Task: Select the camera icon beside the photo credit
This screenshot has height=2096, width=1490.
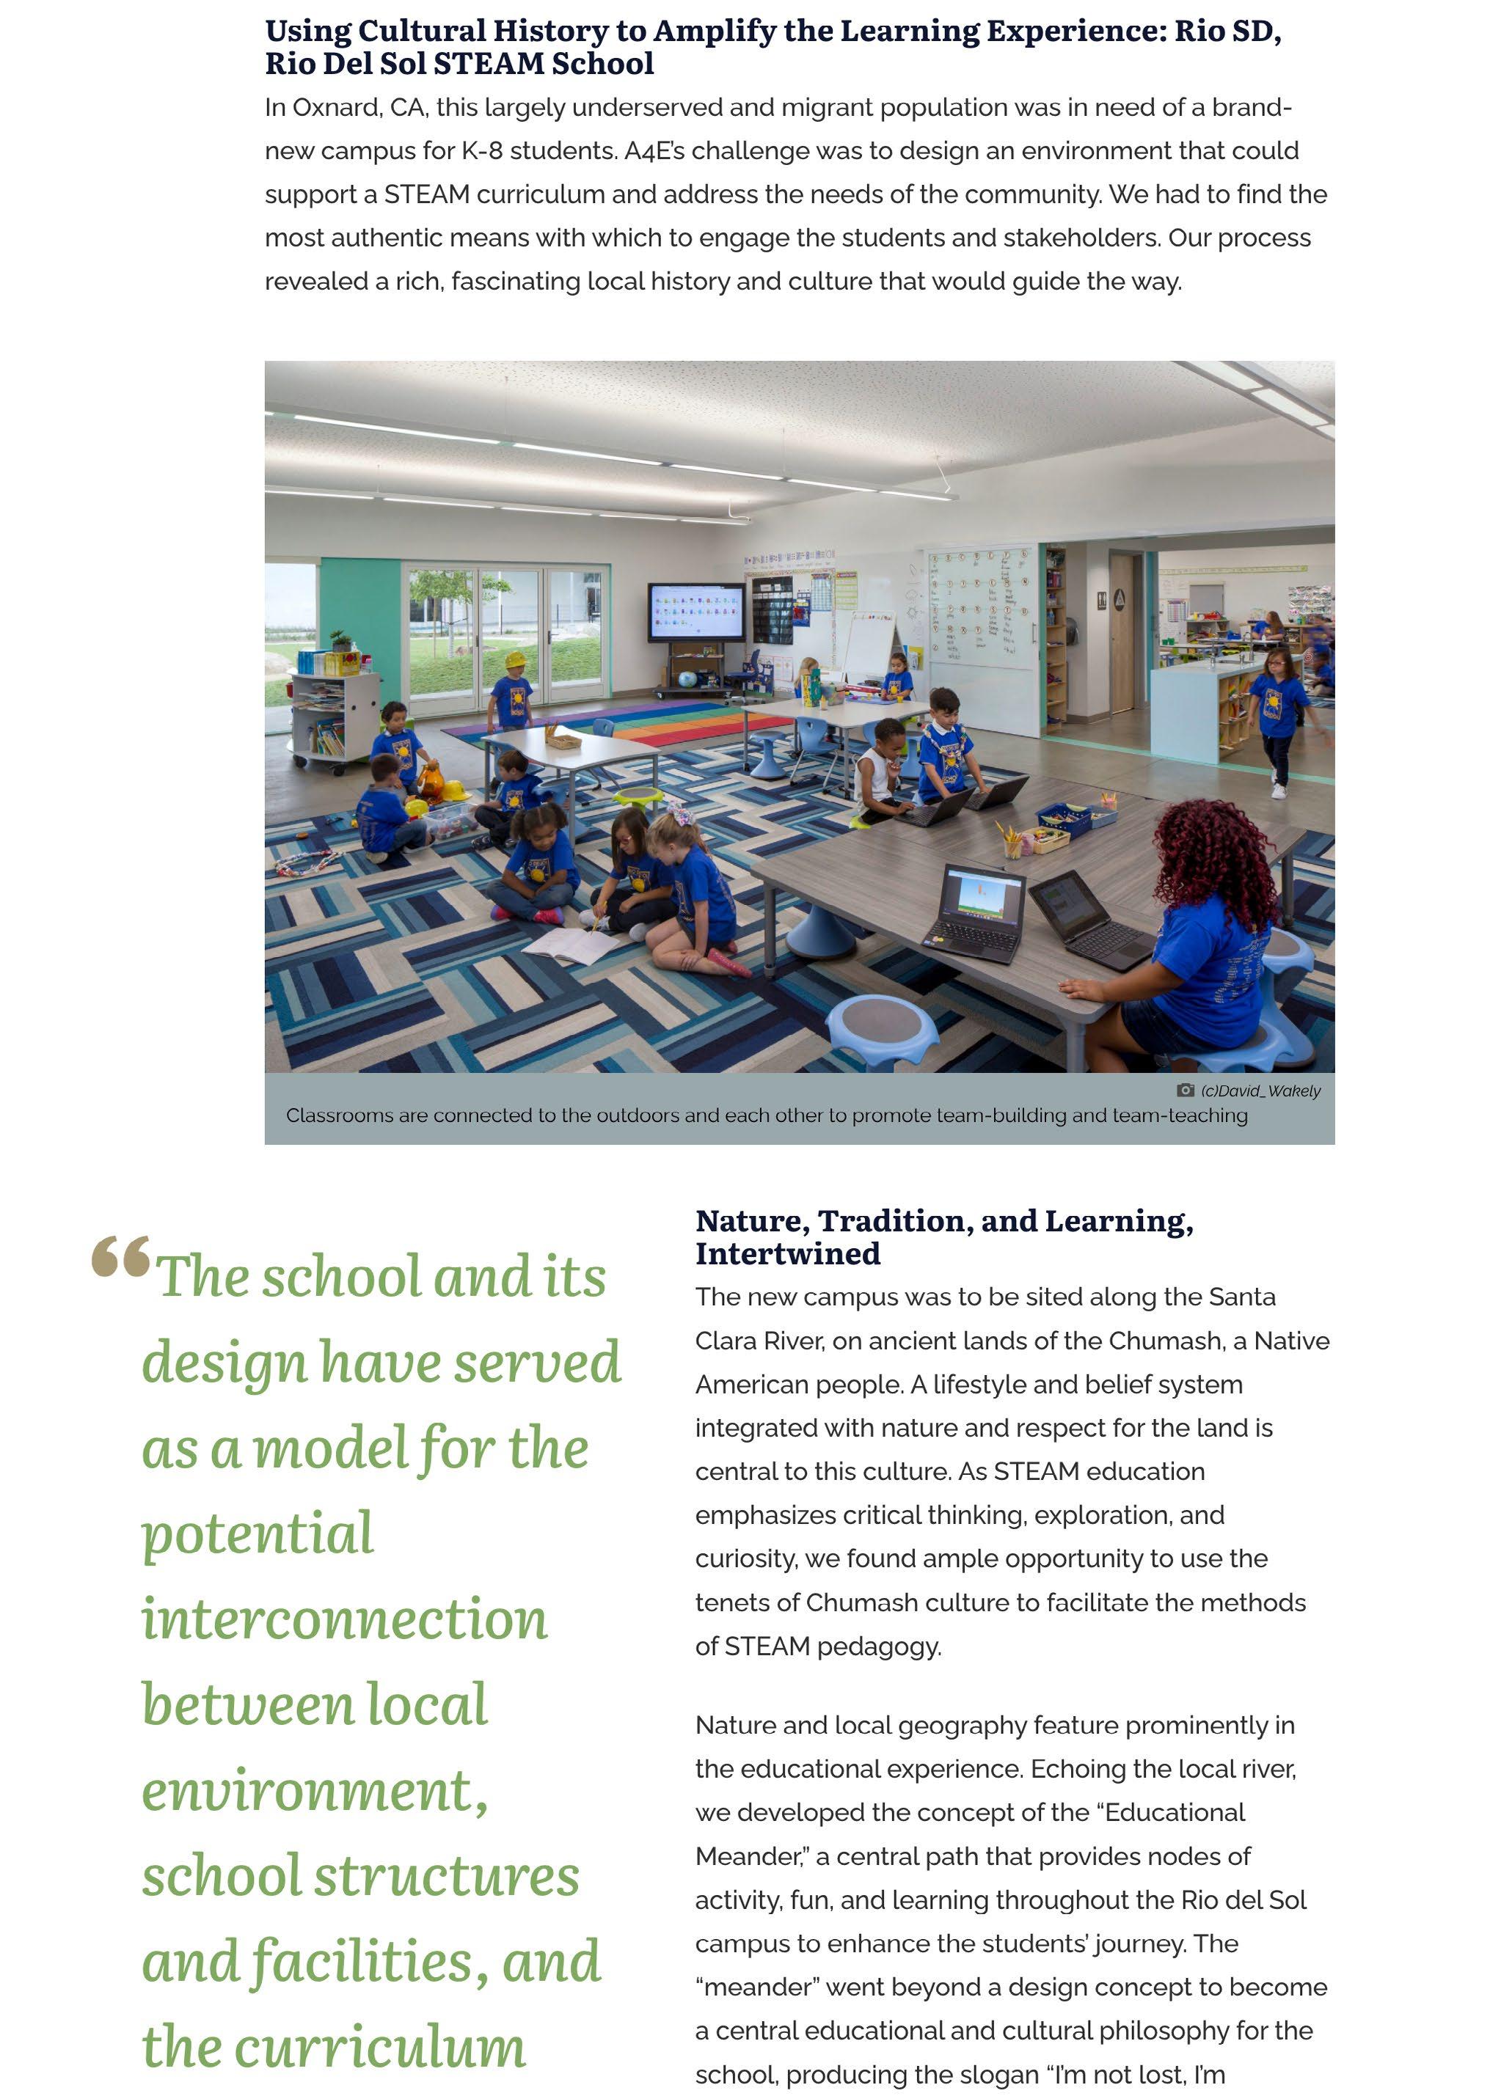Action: click(1186, 1091)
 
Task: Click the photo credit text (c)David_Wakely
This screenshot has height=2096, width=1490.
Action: click(1260, 1091)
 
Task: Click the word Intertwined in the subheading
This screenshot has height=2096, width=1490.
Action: click(787, 1253)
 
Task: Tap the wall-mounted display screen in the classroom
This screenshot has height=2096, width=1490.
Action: click(696, 611)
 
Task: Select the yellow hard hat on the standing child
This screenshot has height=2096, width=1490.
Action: click(516, 659)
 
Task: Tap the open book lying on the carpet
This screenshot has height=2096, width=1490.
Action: click(570, 945)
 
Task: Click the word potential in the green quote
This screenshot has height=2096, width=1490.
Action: click(258, 1533)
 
